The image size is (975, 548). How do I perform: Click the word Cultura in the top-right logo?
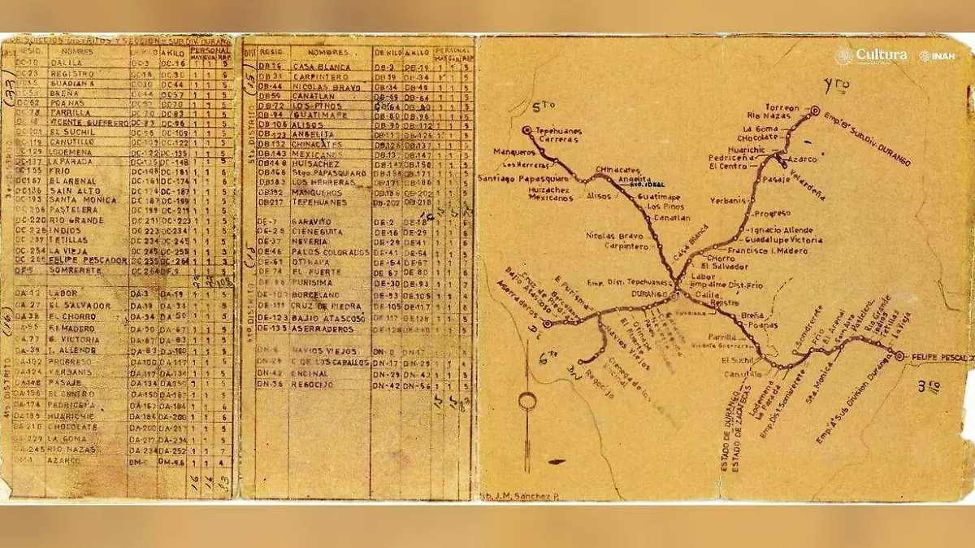882,55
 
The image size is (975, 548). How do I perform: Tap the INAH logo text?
941,56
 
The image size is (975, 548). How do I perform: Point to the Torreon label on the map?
782,108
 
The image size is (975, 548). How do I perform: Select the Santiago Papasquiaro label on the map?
515,179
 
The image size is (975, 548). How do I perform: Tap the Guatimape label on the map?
659,196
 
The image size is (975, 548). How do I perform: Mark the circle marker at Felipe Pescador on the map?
899,354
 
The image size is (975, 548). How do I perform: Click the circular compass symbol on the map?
528,402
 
